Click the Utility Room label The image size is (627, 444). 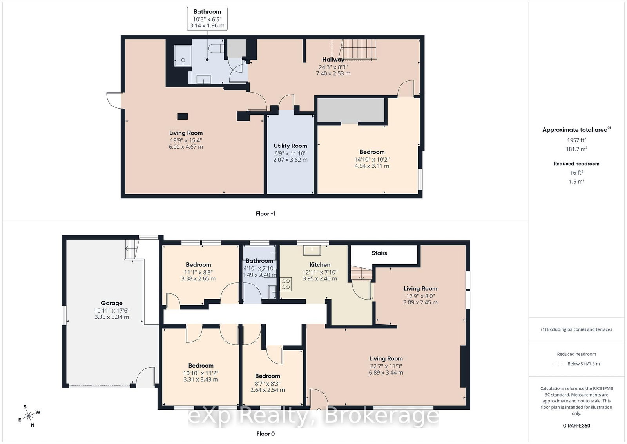pos(290,146)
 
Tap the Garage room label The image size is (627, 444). pos(112,303)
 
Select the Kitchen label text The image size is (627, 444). pos(320,265)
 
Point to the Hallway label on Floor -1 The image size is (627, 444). pos(333,59)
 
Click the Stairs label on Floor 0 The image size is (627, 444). pos(379,253)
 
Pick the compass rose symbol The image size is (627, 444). pos(29,416)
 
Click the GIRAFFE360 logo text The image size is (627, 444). pos(576,426)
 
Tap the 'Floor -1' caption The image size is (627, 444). pos(266,214)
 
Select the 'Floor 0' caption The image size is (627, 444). pos(266,434)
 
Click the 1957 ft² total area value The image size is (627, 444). pos(576,140)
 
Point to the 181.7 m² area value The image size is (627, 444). pos(576,149)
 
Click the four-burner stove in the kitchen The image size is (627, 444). pos(286,284)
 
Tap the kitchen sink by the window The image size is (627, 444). pos(312,250)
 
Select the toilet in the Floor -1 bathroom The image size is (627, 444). pos(216,48)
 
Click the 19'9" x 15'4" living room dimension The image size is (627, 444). pos(186,140)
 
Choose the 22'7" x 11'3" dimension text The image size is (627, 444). pos(386,366)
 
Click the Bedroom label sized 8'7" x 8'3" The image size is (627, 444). pos(267,376)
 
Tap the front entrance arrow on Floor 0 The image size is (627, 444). pos(319,410)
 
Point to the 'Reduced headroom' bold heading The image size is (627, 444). pos(576,164)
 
